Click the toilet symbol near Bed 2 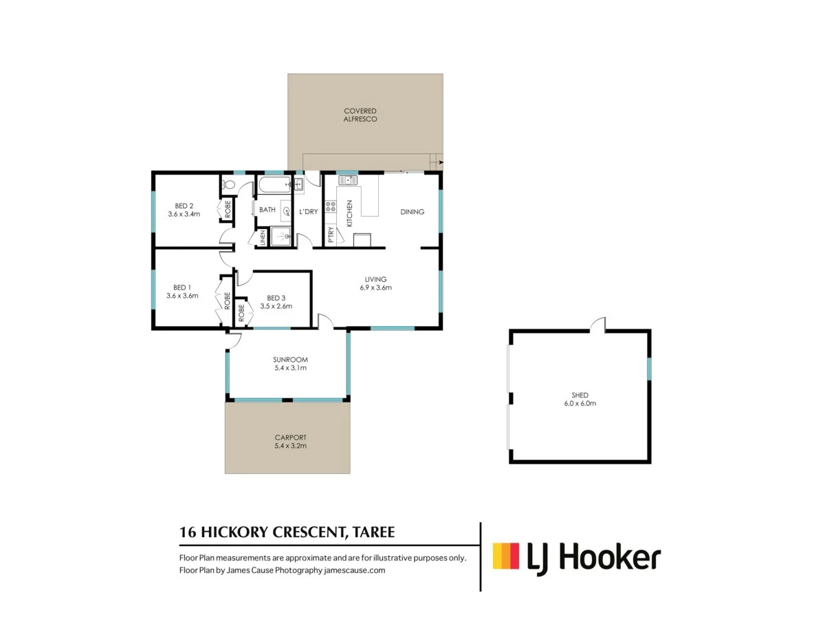pos(229,184)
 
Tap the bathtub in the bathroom pos(274,186)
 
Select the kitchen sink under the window pos(347,181)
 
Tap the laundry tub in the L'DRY pos(299,184)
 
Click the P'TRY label pos(331,235)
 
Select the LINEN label pos(263,239)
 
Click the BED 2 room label pos(183,206)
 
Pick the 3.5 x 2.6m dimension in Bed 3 pos(276,306)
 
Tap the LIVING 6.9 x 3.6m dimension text pos(375,287)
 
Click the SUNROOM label pos(289,360)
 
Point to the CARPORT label pos(289,437)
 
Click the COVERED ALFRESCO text pos(360,115)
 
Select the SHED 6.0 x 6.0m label pos(579,399)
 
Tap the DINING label pos(412,212)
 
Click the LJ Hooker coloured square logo pos(506,556)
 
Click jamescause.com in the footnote pos(364,570)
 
